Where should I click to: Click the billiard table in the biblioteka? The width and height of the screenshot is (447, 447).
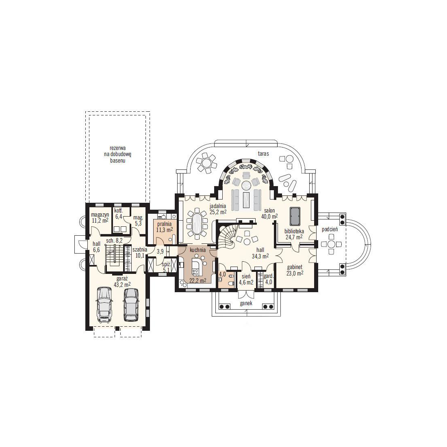(295, 216)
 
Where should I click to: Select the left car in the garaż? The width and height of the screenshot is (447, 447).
(104, 305)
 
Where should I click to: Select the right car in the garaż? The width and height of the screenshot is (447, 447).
(131, 304)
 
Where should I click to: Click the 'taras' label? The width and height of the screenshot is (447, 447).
(263, 153)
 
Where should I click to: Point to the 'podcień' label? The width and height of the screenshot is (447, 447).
(330, 229)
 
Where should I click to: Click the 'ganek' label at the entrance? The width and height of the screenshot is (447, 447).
(246, 303)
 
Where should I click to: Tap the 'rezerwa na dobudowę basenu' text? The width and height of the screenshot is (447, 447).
(118, 154)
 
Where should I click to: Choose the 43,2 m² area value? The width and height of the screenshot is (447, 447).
(122, 284)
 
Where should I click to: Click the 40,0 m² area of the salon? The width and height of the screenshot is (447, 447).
(269, 217)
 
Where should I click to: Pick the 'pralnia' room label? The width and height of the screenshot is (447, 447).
(165, 224)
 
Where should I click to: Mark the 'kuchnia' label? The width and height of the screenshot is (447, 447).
(197, 250)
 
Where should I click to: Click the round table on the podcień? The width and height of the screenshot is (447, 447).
(331, 244)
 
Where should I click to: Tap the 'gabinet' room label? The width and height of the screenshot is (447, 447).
(295, 267)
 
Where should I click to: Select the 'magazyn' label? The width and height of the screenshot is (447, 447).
(100, 215)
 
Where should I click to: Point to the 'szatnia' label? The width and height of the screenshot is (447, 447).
(140, 250)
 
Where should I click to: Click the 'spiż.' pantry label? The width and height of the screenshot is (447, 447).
(166, 264)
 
